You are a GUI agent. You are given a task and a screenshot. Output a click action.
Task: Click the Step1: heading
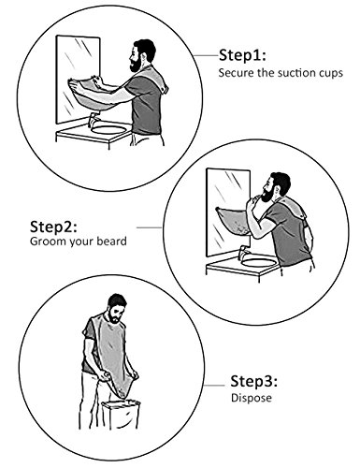242,55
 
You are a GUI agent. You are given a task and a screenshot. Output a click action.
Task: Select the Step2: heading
53,227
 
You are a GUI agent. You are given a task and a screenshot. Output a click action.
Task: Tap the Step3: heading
253,381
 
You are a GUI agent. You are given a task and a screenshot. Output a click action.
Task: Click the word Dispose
252,398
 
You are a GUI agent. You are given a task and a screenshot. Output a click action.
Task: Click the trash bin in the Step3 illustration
121,415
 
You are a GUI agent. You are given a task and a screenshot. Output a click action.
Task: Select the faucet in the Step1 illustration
94,120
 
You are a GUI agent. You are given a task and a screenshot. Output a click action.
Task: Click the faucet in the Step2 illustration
243,253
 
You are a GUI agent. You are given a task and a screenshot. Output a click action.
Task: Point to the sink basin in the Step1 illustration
109,129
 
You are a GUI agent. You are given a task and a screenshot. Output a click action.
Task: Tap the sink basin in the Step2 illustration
259,263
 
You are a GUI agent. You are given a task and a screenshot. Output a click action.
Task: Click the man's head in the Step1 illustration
143,55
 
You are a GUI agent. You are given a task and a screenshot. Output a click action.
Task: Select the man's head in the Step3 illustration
117,308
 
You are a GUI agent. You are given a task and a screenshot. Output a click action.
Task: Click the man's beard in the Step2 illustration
268,195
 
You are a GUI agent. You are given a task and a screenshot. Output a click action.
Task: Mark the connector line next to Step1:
206,55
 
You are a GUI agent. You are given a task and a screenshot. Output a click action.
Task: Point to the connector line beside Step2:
149,227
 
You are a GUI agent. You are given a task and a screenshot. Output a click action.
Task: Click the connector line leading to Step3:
214,386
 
